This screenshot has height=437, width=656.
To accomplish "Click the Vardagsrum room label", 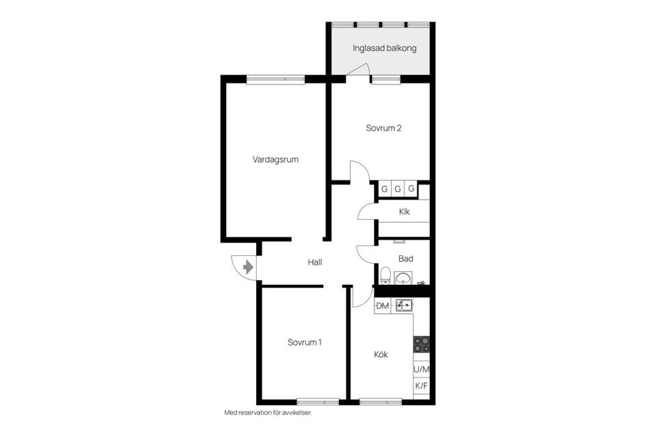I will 275,160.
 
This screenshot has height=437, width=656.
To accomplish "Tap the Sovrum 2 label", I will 383,128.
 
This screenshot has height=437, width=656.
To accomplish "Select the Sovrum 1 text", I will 304,342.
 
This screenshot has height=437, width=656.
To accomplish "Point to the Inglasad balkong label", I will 384,48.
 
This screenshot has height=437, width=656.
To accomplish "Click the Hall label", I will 314,262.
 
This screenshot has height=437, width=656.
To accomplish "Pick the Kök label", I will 381,354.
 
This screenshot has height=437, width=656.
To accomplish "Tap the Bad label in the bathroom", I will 406,259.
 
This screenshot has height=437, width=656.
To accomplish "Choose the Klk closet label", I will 405,212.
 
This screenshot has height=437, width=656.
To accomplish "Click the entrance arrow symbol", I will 248,266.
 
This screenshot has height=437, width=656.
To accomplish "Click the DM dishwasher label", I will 383,306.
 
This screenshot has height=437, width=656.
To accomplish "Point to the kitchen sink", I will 403,305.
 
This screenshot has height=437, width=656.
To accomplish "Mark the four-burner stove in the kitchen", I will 422,344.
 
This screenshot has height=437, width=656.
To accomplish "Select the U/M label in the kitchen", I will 422,369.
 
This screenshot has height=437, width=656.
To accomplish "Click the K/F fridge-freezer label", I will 422,386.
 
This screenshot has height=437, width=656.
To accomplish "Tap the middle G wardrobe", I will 398,189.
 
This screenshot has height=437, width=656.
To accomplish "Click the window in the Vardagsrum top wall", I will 275,79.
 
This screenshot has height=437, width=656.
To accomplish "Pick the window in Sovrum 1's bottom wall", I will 318,401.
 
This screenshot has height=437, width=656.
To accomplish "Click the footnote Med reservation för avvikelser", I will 272,412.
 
